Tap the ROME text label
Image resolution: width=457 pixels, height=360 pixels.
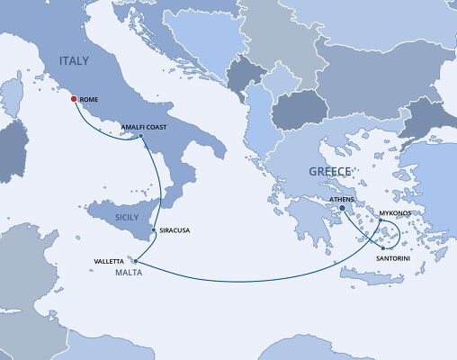pyautogui.click(x=88, y=101)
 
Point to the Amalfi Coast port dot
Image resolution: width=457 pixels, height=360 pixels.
pyautogui.click(x=141, y=136)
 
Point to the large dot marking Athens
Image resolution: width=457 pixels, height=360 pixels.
pyautogui.click(x=343, y=209)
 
